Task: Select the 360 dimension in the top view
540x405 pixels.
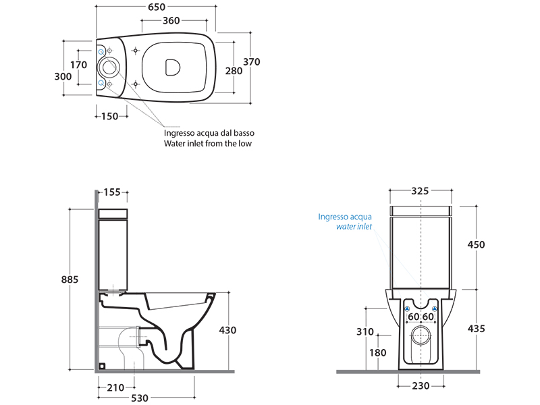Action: click(x=171, y=21)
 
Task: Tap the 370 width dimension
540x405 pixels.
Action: click(x=252, y=61)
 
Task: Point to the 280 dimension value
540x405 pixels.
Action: click(x=234, y=71)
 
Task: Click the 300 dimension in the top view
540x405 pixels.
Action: click(x=63, y=77)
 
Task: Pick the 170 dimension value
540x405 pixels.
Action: click(x=79, y=65)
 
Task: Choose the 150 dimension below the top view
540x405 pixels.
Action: click(x=110, y=116)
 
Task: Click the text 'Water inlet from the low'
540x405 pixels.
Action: click(x=208, y=144)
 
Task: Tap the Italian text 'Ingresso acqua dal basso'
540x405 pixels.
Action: click(x=209, y=133)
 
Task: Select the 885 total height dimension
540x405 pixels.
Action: click(x=70, y=279)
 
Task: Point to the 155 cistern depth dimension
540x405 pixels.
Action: click(x=112, y=192)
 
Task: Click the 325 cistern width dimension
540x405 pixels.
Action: click(x=421, y=191)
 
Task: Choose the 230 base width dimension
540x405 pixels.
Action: click(x=421, y=386)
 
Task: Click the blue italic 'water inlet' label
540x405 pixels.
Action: click(x=354, y=227)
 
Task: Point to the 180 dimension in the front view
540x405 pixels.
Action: click(x=378, y=352)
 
